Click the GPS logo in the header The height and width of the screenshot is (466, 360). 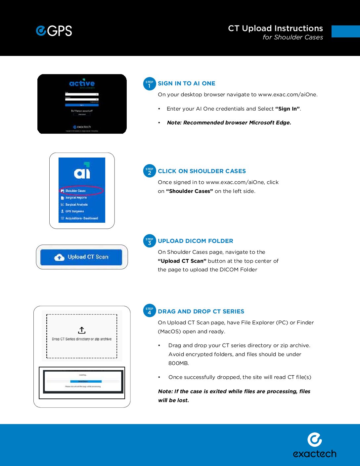coord(54,31)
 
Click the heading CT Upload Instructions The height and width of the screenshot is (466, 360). coord(275,28)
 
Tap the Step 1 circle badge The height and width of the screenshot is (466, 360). coord(149,84)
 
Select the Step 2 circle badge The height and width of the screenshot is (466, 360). coord(149,171)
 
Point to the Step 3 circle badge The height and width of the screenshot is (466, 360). coord(149,241)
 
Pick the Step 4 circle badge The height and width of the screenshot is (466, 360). coord(149,311)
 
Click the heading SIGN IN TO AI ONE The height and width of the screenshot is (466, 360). coord(186,83)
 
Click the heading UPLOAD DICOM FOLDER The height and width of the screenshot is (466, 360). coord(195,241)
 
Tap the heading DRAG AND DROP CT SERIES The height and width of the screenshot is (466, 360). coord(201,311)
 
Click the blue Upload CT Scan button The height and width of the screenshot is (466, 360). coord(81,257)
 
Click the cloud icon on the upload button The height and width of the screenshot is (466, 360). coord(59,257)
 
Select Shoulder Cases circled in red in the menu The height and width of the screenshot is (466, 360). coord(75,191)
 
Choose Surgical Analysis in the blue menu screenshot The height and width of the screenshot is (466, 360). coord(76,205)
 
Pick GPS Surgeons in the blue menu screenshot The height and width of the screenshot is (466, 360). coord(74,211)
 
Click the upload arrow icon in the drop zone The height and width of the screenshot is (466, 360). coord(82,330)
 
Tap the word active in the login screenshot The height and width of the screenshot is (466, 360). coord(82,83)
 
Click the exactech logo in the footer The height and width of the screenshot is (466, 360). coord(314,445)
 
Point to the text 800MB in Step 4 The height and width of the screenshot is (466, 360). coord(178,363)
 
